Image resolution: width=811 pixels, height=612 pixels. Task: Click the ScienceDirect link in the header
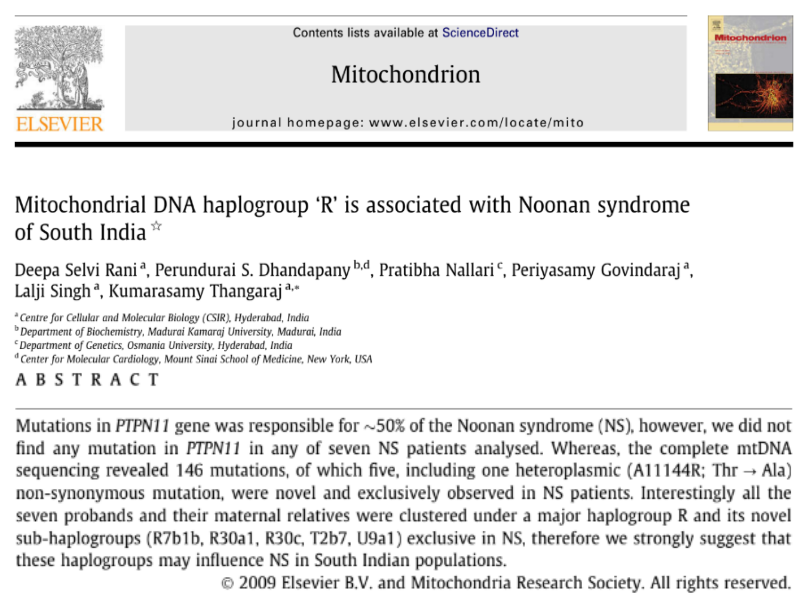(x=480, y=33)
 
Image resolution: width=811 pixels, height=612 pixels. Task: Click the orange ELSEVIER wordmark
(x=59, y=124)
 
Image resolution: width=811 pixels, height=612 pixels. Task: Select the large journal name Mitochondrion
(x=405, y=75)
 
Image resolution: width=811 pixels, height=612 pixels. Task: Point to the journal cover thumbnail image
(x=750, y=73)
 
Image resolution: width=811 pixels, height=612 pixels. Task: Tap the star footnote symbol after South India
(x=156, y=226)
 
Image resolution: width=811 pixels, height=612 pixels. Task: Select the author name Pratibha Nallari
(x=436, y=271)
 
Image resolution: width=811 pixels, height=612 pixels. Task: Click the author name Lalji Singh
(x=52, y=291)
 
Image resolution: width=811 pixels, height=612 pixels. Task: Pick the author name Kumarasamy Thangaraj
(x=195, y=291)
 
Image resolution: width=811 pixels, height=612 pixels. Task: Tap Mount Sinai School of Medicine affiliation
(x=233, y=359)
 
